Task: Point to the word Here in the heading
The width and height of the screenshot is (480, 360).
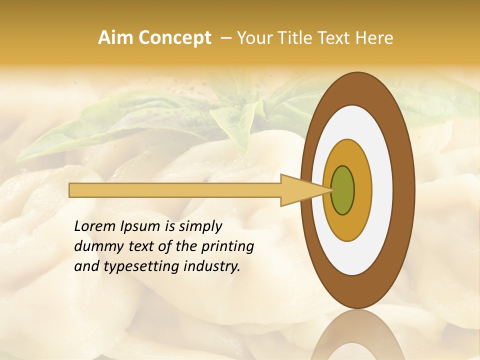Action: point(374,38)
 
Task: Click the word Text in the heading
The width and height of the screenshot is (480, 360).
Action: point(335,38)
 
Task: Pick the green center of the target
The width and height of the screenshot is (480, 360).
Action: point(342,190)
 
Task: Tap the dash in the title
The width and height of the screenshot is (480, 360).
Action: point(225,38)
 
